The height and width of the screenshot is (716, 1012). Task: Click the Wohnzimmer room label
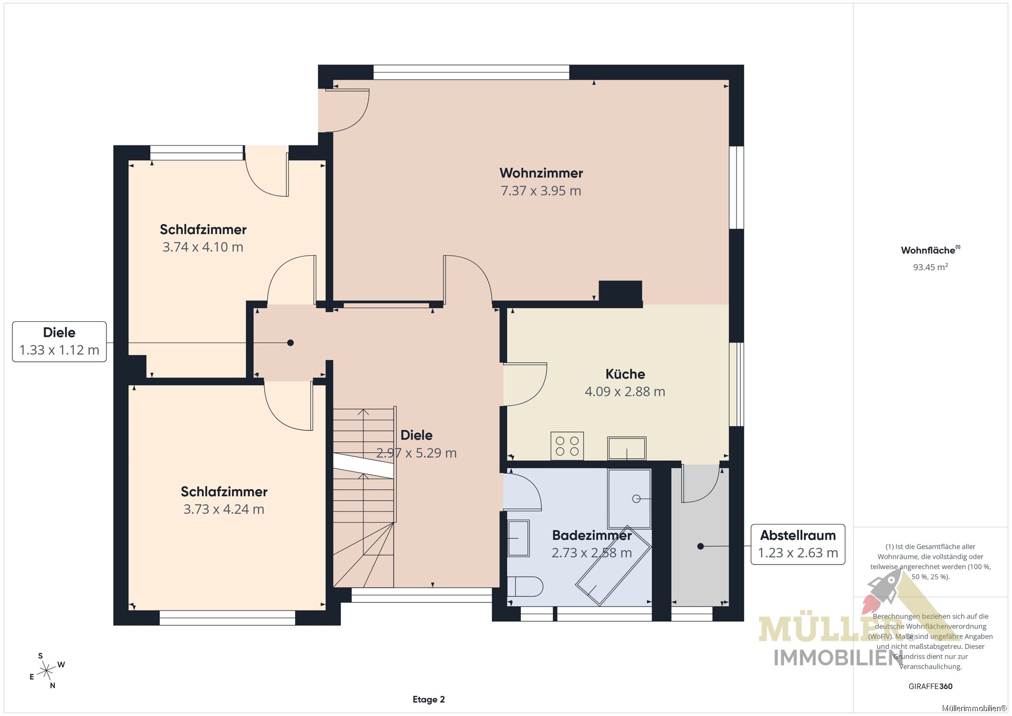541,173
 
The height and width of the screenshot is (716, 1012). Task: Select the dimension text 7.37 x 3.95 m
541,191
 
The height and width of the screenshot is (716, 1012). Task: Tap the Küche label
625,374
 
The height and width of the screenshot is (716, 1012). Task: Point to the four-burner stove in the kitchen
567,446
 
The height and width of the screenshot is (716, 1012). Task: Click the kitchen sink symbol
627,448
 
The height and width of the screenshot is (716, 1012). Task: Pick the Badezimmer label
592,535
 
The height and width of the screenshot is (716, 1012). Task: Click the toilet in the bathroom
525,586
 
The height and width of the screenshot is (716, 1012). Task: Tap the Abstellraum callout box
798,544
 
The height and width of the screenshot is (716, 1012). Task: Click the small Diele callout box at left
59,341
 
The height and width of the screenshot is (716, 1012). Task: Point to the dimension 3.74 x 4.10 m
203,247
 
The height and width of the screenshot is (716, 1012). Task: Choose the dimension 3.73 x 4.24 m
224,509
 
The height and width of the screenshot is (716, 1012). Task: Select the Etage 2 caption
429,699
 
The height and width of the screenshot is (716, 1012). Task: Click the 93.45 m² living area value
931,267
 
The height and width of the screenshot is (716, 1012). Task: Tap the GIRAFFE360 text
931,686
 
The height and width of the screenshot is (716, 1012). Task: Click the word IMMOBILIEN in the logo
838,658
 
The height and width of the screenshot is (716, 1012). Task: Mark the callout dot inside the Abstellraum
700,546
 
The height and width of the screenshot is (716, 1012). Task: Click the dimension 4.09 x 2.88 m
625,392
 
